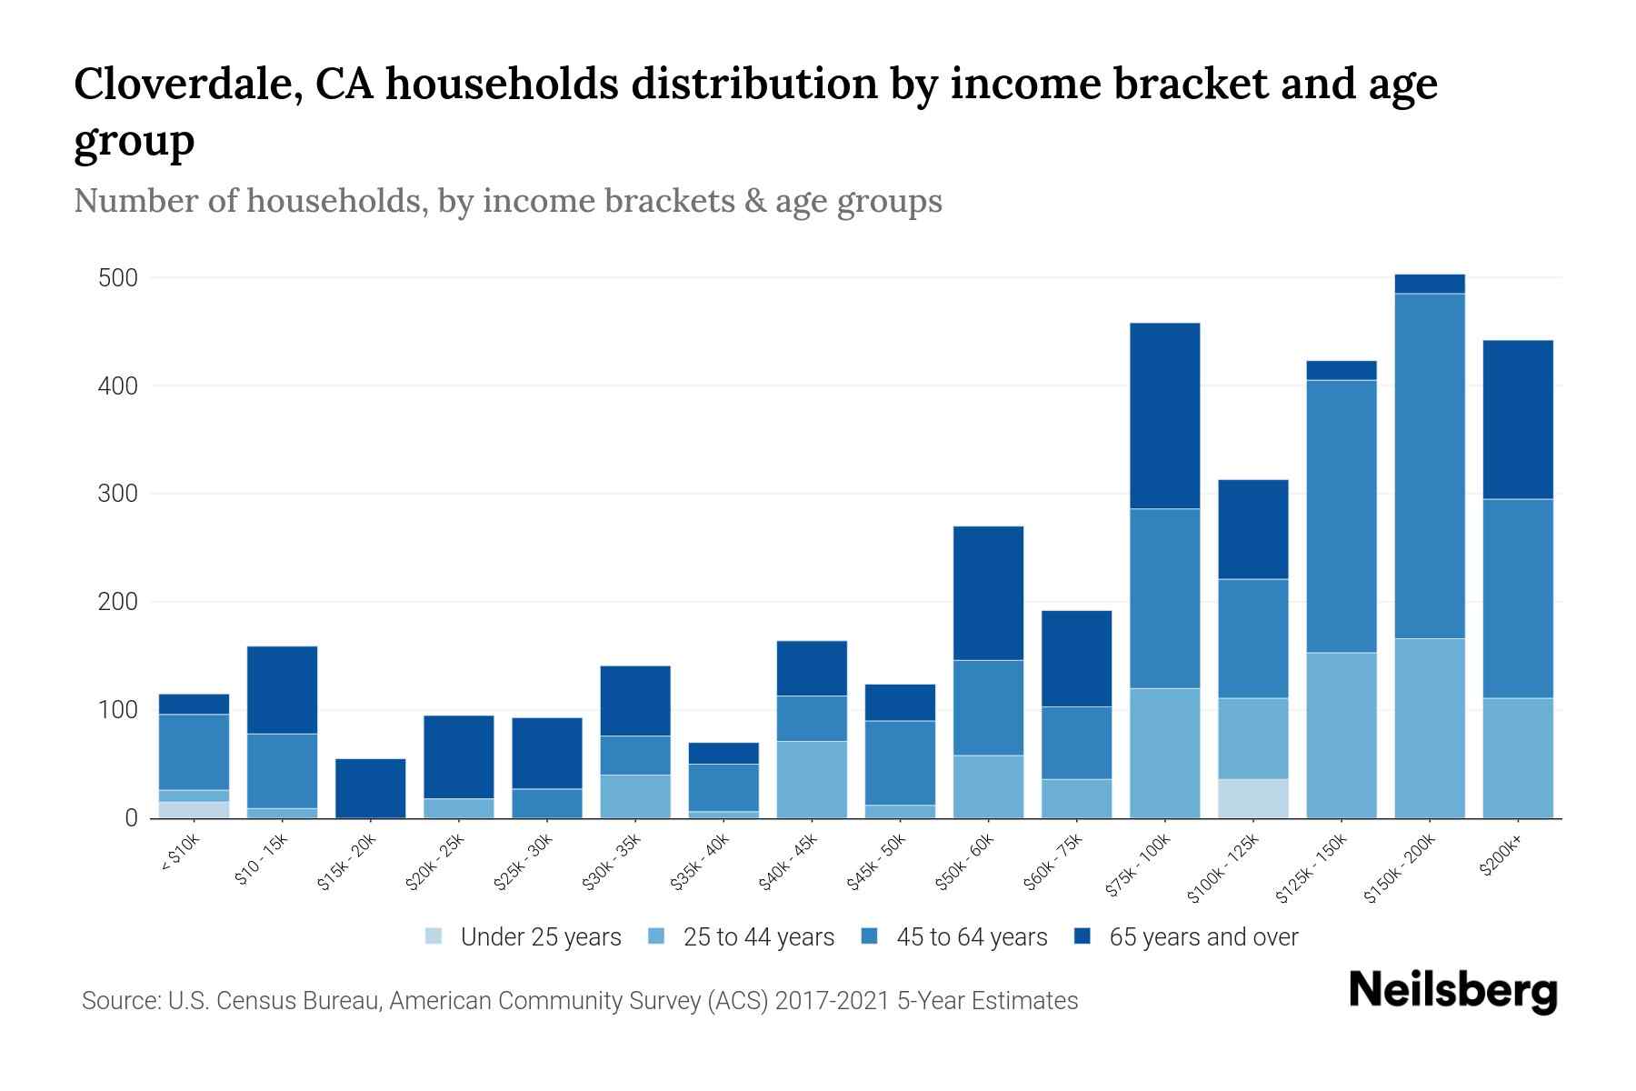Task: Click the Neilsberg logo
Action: pos(1452,991)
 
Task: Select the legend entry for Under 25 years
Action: pos(524,937)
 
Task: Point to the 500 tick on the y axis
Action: pos(118,278)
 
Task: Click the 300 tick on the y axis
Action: pos(118,495)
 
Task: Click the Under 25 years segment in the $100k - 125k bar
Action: pos(1253,798)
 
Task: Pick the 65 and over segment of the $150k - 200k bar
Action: pos(1430,284)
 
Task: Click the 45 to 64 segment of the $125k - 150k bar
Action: pos(1342,515)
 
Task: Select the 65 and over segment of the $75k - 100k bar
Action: pos(1164,415)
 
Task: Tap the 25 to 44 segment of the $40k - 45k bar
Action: pos(812,779)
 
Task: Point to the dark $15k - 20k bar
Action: pos(371,787)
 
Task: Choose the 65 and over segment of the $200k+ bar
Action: pos(1518,419)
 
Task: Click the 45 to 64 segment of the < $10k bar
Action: pos(194,752)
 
